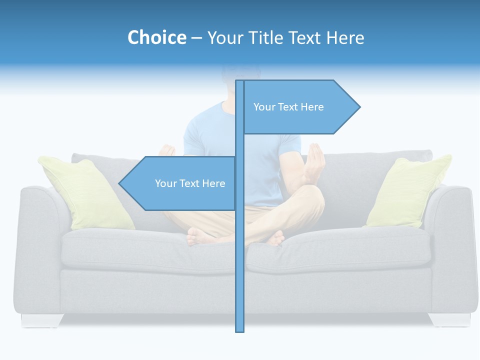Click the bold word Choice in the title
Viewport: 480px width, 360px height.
[x=156, y=38]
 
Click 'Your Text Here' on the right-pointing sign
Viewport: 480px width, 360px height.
[x=288, y=107]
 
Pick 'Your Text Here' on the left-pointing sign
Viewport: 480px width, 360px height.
[x=190, y=183]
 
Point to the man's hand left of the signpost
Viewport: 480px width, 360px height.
[x=167, y=150]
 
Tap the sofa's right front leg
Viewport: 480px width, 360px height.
[x=449, y=319]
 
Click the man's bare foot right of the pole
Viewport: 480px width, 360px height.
[x=275, y=238]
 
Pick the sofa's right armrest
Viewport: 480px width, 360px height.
[x=452, y=240]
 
